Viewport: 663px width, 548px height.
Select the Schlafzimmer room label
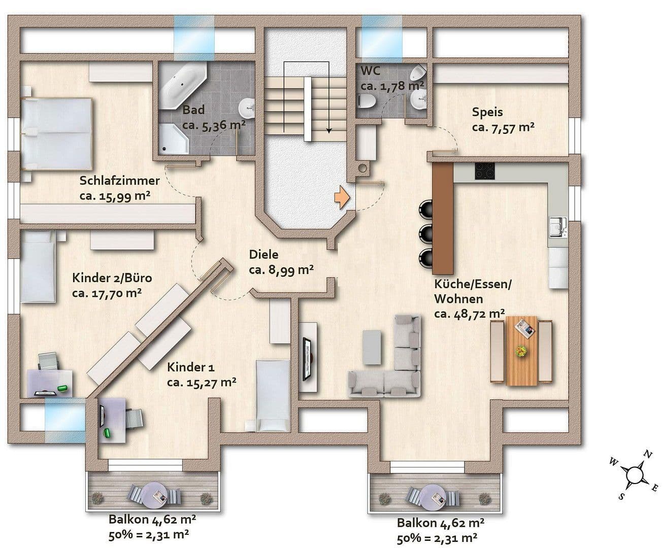[x=119, y=181]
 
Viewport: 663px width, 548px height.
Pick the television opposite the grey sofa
[x=308, y=358]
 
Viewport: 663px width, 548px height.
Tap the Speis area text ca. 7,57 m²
[x=503, y=127]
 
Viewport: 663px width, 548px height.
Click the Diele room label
[x=263, y=255]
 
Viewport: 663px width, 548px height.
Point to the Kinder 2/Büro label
[x=112, y=278]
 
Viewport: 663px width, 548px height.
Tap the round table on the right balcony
[x=435, y=495]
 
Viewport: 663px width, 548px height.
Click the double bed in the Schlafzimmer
[x=56, y=133]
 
